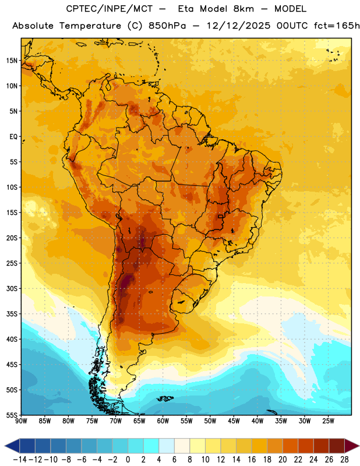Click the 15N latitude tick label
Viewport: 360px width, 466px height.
point(12,61)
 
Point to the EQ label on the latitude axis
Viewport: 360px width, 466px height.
point(13,137)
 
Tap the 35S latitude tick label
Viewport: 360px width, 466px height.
point(12,314)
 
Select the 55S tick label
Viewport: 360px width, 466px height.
point(12,415)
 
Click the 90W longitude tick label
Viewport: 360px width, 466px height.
point(21,421)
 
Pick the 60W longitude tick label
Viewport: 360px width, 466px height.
point(163,421)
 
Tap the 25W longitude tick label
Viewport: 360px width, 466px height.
point(328,421)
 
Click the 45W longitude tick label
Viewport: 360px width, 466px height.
point(234,421)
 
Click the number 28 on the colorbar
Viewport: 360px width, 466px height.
point(344,460)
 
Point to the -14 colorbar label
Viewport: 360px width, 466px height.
point(20,460)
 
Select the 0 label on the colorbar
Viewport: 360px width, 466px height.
point(128,460)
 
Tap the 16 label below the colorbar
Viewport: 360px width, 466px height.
point(252,460)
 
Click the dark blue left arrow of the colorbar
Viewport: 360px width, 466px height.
point(12,446)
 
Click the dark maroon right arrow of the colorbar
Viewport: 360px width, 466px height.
point(352,446)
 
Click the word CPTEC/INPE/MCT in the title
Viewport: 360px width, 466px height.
point(110,9)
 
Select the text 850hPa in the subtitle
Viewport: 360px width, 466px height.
point(167,26)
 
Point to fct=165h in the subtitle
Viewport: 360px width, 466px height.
point(337,26)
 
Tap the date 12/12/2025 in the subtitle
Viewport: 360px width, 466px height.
point(238,26)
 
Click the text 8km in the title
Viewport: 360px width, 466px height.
point(243,9)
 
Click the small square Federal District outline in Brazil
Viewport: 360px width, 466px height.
point(220,216)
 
